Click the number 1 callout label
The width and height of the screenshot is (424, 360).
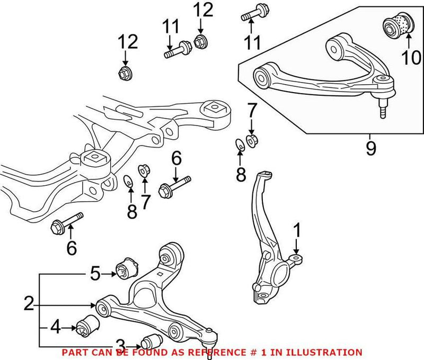coord(297,230)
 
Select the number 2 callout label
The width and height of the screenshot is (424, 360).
coord(29,303)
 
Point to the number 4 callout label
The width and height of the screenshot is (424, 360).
coord(56,328)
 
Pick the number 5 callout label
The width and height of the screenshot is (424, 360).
coord(94,274)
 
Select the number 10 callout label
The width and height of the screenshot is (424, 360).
coord(411,57)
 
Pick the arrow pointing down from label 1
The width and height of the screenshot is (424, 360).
coord(297,248)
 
